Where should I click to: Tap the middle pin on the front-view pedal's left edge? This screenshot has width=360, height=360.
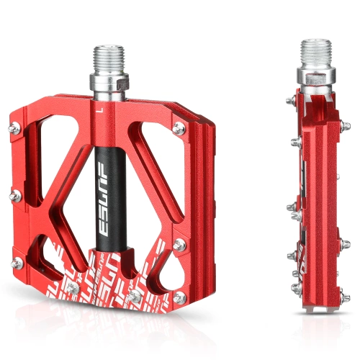pos(15,193)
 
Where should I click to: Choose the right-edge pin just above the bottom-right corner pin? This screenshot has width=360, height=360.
pos(179,246)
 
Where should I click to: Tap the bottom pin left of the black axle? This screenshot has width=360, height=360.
pos(73,288)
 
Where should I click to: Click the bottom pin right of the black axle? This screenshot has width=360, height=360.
pos(135,296)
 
